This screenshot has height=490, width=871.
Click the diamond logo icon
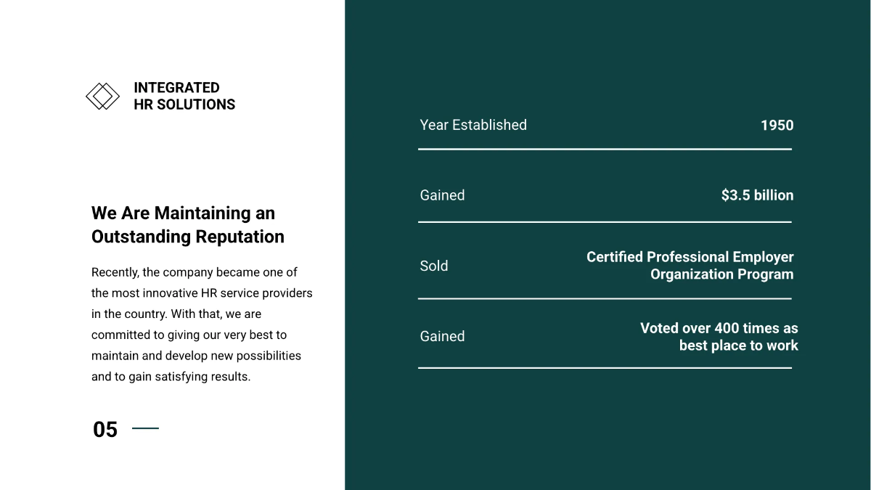[x=102, y=96]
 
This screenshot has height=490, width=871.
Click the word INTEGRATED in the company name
[x=176, y=88]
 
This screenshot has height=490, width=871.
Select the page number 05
[x=105, y=430]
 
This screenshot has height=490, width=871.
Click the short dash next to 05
[x=145, y=428]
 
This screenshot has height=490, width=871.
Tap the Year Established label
[x=473, y=125]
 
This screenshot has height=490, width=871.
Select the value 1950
[x=777, y=126]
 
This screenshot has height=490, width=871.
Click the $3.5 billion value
[x=757, y=195]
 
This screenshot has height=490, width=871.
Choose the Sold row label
[x=434, y=266]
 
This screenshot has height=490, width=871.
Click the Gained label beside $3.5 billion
[x=442, y=195]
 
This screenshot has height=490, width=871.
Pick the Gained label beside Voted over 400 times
[x=442, y=336]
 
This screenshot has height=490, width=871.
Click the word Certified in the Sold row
[x=615, y=257]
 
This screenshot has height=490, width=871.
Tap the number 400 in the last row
[x=727, y=328]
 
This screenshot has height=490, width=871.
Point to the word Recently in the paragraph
[x=115, y=272]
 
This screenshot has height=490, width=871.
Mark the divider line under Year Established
[x=605, y=150]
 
